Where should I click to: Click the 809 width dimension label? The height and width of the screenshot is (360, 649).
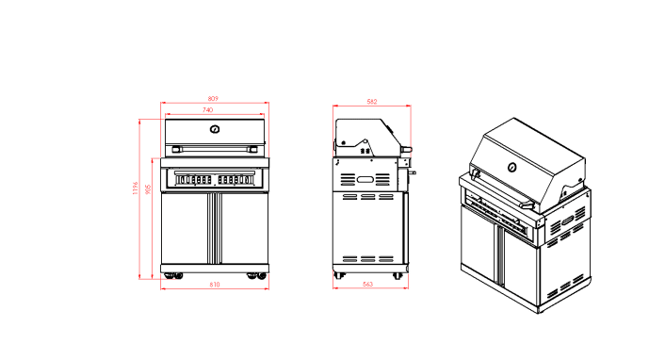click(x=214, y=98)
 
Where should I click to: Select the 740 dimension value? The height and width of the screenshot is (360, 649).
click(x=214, y=111)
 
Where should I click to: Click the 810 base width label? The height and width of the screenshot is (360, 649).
click(x=214, y=285)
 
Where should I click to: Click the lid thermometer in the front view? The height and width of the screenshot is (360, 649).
click(x=215, y=130)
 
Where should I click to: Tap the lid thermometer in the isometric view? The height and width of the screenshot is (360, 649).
click(x=512, y=168)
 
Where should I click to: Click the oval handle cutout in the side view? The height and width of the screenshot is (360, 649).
click(x=364, y=179)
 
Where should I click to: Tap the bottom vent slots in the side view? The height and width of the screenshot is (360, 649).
click(x=368, y=258)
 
